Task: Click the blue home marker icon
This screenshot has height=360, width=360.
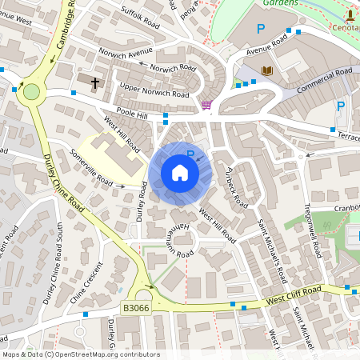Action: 180,172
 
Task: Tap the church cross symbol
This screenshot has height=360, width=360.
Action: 95,82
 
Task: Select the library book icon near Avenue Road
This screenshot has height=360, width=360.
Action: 267,71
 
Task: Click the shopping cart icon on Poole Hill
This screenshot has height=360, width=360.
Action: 206,104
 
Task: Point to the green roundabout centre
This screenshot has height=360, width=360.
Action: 31,91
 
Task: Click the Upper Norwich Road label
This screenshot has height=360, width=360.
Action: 154,90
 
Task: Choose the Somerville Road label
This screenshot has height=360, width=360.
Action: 91,168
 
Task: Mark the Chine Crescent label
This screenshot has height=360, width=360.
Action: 87,282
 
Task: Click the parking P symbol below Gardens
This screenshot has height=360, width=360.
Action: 260,29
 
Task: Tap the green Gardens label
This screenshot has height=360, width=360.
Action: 281,3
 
